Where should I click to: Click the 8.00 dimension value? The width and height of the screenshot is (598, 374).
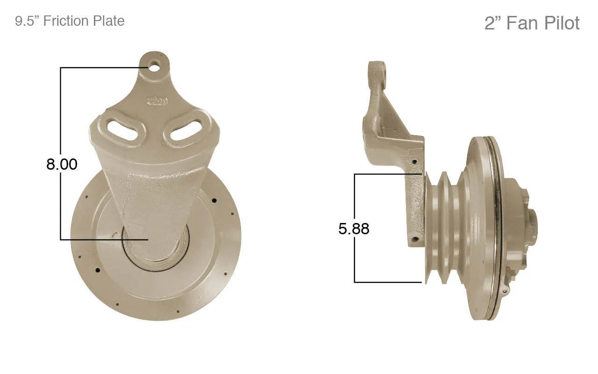[x=62, y=164]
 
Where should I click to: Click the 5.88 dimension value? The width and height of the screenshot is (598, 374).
[x=354, y=229]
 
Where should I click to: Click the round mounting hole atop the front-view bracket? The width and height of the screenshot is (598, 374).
[x=154, y=66]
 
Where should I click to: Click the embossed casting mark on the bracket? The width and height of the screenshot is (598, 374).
[x=157, y=101]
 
